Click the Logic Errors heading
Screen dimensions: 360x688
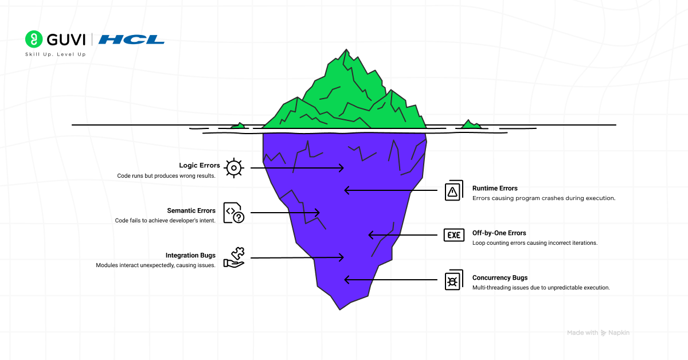click(199, 166)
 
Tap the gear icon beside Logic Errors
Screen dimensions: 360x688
click(233, 168)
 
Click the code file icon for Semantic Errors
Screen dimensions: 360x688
click(233, 213)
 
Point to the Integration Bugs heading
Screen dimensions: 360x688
click(190, 256)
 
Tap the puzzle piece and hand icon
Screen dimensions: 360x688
click(234, 257)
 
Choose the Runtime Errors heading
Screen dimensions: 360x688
click(495, 188)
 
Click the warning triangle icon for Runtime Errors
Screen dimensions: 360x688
click(453, 191)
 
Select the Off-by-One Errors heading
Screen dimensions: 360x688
click(499, 233)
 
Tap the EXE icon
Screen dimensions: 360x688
click(454, 235)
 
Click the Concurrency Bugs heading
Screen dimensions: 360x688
click(500, 278)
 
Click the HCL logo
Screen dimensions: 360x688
click(131, 40)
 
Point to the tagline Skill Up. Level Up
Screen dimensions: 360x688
click(56, 54)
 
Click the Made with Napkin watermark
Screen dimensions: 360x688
click(598, 332)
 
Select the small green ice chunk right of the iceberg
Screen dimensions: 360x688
click(471, 124)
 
